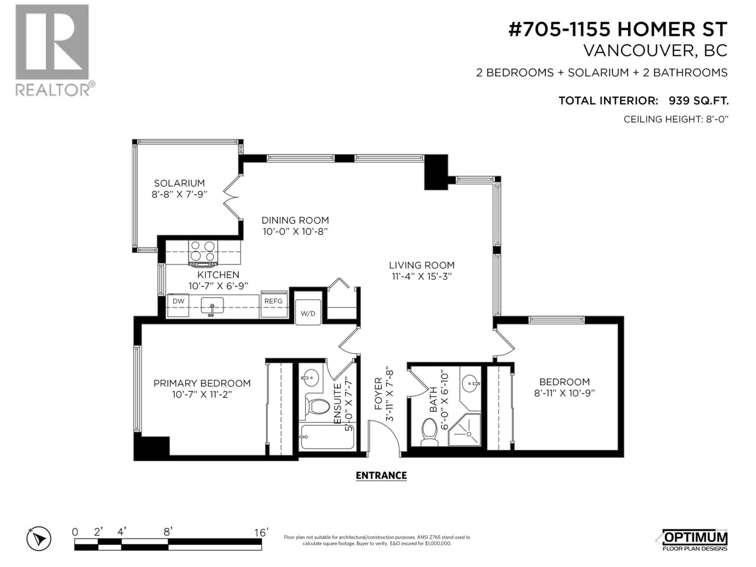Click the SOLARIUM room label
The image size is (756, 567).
click(179, 183)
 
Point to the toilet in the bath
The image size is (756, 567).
click(430, 432)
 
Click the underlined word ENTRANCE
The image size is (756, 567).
click(381, 476)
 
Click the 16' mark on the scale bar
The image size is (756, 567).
click(261, 533)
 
